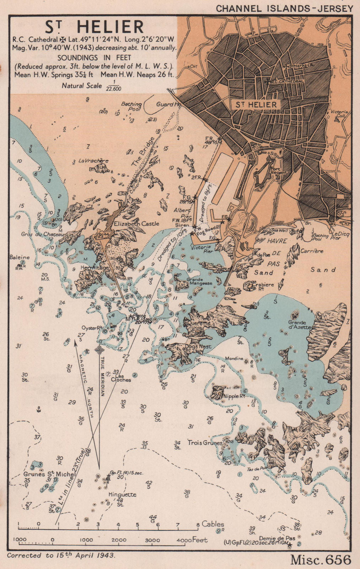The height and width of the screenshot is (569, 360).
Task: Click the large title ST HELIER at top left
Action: click(x=93, y=27)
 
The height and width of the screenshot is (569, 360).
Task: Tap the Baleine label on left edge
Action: click(x=20, y=257)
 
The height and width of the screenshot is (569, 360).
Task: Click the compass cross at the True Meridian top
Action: click(x=99, y=350)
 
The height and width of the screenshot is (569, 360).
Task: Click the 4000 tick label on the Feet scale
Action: click(x=184, y=540)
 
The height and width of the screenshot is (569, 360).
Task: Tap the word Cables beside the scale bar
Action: click(x=213, y=524)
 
